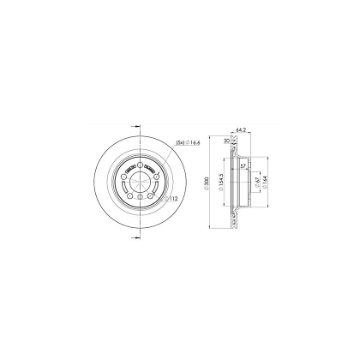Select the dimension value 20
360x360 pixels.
point(226,141)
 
